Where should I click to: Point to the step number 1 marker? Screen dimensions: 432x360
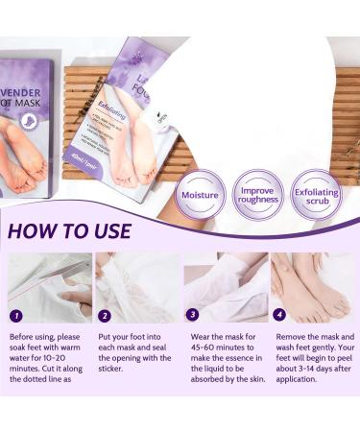pyautogui.click(x=15, y=315)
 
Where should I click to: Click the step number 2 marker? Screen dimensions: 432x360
pyautogui.click(x=105, y=315)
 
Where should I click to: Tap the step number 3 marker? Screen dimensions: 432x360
pyautogui.click(x=193, y=315)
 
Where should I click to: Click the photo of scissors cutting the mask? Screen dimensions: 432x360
pyautogui.click(x=50, y=287)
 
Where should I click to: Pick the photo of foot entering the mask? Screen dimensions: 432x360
pyautogui.click(x=138, y=287)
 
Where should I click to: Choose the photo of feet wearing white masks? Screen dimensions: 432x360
pyautogui.click(x=227, y=287)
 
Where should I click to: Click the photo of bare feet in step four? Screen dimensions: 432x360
pyautogui.click(x=315, y=287)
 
